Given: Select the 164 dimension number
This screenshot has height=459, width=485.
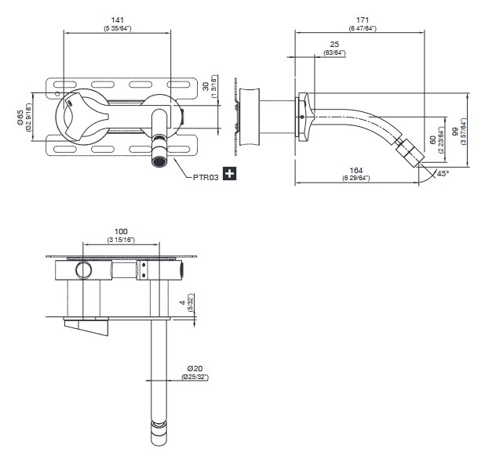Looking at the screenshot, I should [357, 170].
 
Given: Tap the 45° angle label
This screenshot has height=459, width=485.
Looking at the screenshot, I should [443, 174].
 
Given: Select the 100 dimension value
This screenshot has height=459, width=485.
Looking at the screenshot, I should [120, 231].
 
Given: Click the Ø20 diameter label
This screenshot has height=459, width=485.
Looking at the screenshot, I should [195, 368].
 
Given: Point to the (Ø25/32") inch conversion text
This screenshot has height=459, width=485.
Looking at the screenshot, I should [195, 377].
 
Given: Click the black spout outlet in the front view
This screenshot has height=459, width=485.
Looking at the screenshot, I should [159, 162].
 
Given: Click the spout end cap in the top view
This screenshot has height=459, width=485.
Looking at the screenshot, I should [159, 429].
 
